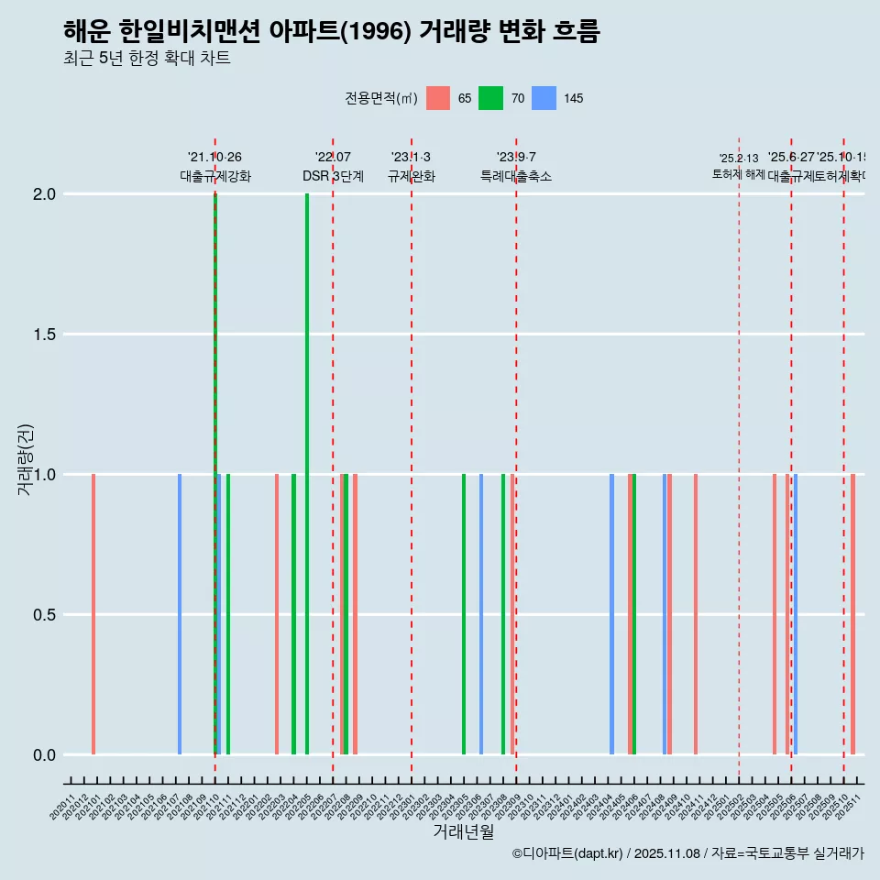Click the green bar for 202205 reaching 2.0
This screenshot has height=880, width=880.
click(x=307, y=474)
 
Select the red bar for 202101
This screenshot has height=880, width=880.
click(x=93, y=614)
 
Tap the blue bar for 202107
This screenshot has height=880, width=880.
click(x=180, y=614)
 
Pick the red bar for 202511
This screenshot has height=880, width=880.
click(x=852, y=614)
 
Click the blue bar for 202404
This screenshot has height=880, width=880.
click(x=611, y=614)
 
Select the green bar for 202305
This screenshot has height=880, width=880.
click(x=464, y=614)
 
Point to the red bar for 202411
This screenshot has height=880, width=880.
click(x=696, y=614)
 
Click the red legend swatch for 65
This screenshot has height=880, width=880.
click(x=439, y=98)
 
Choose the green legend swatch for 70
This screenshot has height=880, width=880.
click(x=492, y=98)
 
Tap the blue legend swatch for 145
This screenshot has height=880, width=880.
click(x=544, y=98)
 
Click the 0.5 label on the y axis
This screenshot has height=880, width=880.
click(x=45, y=615)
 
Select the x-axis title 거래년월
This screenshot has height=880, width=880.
click(x=463, y=831)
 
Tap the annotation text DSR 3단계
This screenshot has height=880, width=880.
click(x=333, y=176)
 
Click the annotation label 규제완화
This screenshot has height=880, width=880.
click(x=411, y=176)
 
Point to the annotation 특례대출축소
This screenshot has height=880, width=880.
click(x=516, y=176)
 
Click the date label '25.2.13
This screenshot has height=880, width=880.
click(x=739, y=159)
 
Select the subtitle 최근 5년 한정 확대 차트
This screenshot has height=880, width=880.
click(x=147, y=59)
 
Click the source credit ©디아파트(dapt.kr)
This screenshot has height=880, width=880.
click(x=567, y=853)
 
